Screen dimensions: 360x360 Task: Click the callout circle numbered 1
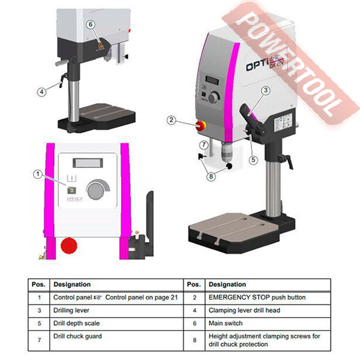[x=38, y=174]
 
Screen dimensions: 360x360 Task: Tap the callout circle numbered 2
[x=171, y=120]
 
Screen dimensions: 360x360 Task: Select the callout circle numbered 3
[x=265, y=90]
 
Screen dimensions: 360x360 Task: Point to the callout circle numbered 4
[x=41, y=92]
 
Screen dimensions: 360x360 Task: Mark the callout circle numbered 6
[x=90, y=24]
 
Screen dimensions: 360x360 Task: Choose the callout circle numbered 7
[x=205, y=145]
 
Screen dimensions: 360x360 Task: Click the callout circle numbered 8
[x=210, y=176]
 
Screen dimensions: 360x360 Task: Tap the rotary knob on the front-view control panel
[x=94, y=191]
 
